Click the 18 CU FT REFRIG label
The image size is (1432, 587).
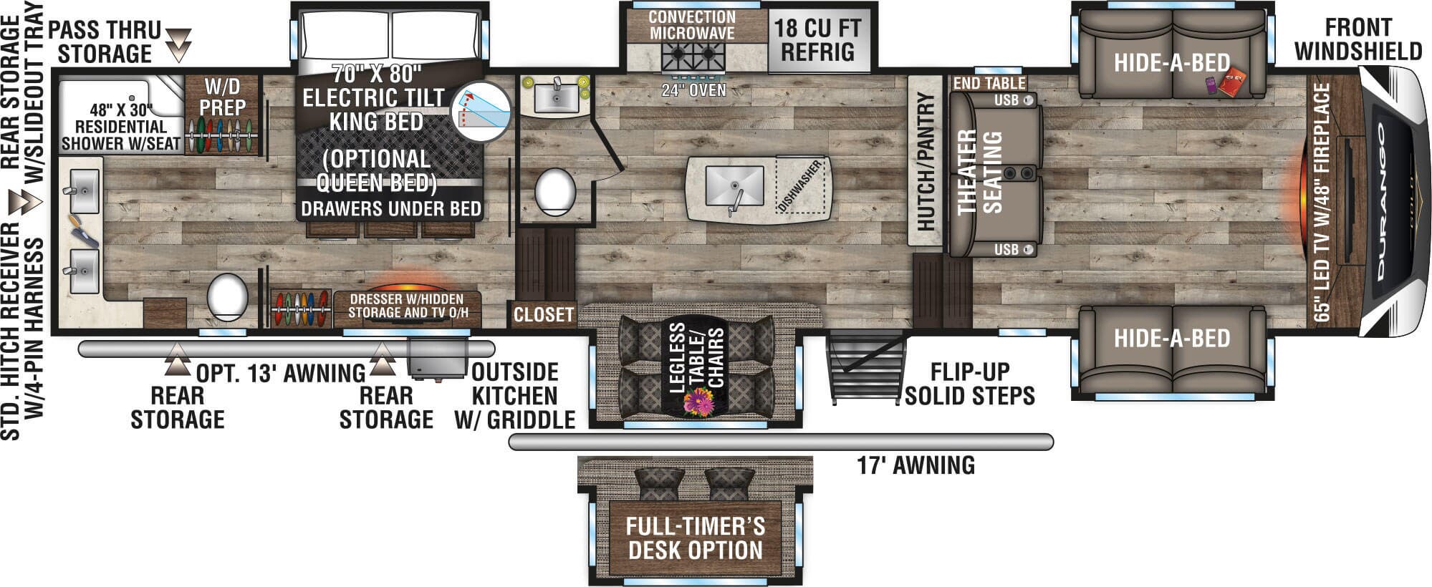pyautogui.click(x=818, y=40)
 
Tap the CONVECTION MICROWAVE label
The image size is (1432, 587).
pyautogui.click(x=692, y=25)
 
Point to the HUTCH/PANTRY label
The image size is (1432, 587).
pyautogui.click(x=926, y=161)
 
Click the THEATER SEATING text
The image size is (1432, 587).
pyautogui.click(x=979, y=172)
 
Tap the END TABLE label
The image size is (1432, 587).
pyautogui.click(x=989, y=83)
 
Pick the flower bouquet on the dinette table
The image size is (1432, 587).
pyautogui.click(x=698, y=402)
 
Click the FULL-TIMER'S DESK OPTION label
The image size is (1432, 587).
pyautogui.click(x=695, y=538)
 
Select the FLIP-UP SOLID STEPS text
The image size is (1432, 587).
pyautogui.click(x=970, y=384)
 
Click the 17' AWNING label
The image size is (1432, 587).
pyautogui.click(x=916, y=465)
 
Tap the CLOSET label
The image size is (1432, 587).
pyautogui.click(x=544, y=314)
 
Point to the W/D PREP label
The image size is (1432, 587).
pyautogui.click(x=223, y=97)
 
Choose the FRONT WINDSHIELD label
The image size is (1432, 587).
pyautogui.click(x=1358, y=39)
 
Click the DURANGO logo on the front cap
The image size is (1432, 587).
pyautogui.click(x=1380, y=202)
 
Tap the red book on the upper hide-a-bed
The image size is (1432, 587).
pyautogui.click(x=1234, y=84)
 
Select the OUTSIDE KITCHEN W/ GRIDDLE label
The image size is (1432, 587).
pyautogui.click(x=514, y=396)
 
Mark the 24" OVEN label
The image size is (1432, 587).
pyautogui.click(x=693, y=90)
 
